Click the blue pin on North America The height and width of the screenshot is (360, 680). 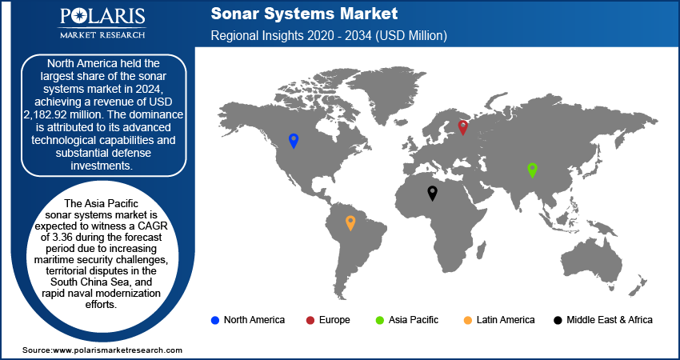294,141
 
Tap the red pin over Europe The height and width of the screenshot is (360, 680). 463,127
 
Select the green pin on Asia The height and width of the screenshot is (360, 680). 532,170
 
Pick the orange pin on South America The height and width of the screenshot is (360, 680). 350,223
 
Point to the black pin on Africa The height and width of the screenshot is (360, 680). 432,193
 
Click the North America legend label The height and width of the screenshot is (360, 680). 254,320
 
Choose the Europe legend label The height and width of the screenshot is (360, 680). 334,320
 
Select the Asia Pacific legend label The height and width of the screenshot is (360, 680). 414,320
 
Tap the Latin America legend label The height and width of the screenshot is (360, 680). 506,320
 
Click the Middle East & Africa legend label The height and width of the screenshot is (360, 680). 610,320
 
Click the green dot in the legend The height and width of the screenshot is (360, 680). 380,321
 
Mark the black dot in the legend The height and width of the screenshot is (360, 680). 558,321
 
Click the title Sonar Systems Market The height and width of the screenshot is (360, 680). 304,14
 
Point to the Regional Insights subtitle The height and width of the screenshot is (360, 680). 329,35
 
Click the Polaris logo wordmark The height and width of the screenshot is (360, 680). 102,17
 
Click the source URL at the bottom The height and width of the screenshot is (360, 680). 102,350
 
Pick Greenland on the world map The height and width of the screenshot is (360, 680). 387,94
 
